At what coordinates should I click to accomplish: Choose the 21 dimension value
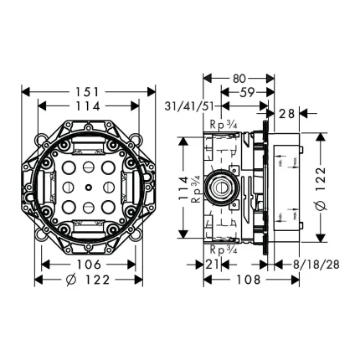coord(213,265)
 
